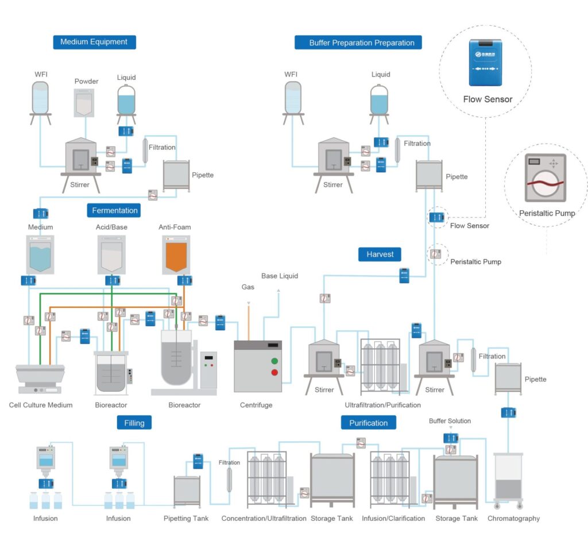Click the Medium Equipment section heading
[94, 42]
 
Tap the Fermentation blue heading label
[115, 210]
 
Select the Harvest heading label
[380, 254]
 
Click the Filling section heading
[134, 423]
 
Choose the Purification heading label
[368, 423]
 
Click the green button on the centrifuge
[274, 361]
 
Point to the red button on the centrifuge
[274, 373]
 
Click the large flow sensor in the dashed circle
[486, 63]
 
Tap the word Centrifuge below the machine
[256, 405]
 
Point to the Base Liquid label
[280, 276]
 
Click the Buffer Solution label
[450, 421]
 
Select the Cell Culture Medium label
[41, 405]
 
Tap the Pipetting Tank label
[186, 519]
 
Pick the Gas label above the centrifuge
[247, 287]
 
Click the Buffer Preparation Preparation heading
[358, 42]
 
